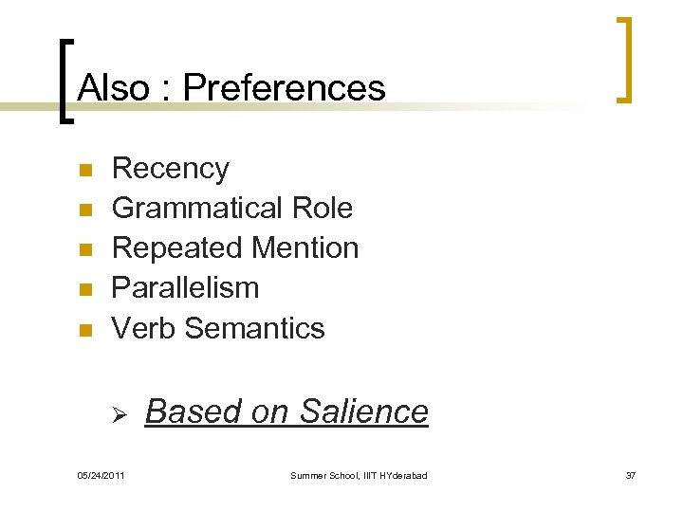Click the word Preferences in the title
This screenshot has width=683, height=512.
click(x=285, y=88)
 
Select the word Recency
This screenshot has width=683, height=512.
click(x=171, y=169)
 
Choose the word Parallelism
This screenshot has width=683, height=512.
click(x=185, y=288)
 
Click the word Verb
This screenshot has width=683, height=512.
click(x=144, y=328)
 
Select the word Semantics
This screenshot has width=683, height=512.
click(x=255, y=328)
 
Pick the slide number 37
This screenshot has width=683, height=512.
click(x=630, y=475)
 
